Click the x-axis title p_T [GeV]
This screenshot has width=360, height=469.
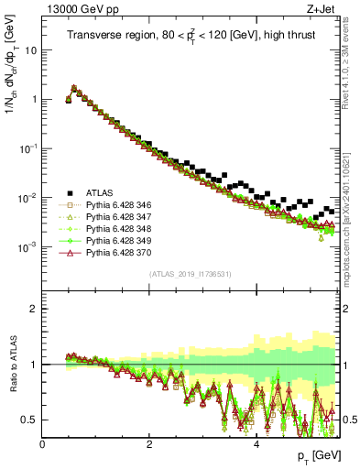[317, 456]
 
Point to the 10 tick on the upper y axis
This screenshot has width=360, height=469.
[31, 51]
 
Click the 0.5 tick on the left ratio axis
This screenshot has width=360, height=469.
[29, 420]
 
